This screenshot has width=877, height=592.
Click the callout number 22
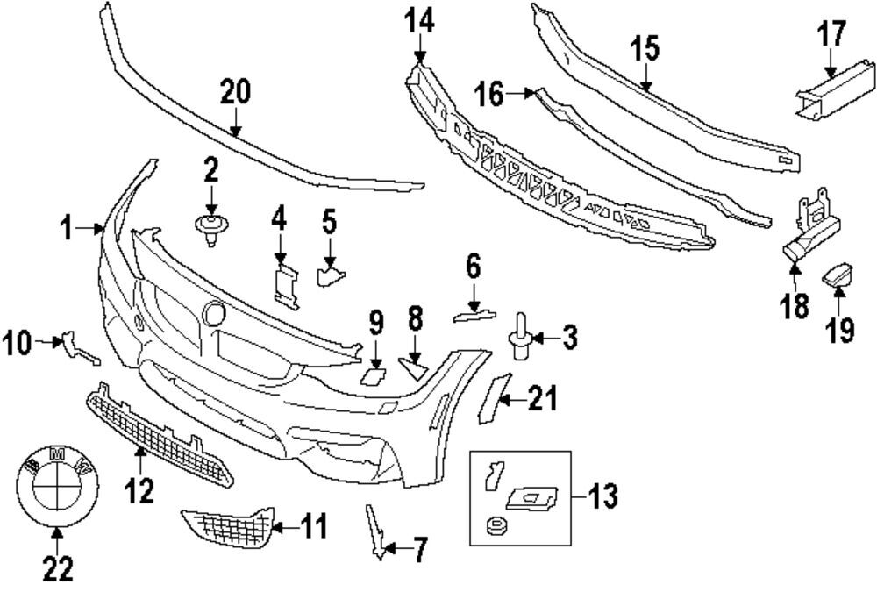tap(58, 569)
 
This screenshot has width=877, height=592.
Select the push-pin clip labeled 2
tap(210, 231)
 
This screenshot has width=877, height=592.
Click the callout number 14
tap(419, 22)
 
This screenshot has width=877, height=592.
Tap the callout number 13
tap(602, 496)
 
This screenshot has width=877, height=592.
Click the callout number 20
tap(235, 92)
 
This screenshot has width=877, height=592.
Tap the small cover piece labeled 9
tap(371, 375)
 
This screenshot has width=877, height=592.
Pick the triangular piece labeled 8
tap(414, 367)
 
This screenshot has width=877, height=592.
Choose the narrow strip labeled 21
tap(494, 398)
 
